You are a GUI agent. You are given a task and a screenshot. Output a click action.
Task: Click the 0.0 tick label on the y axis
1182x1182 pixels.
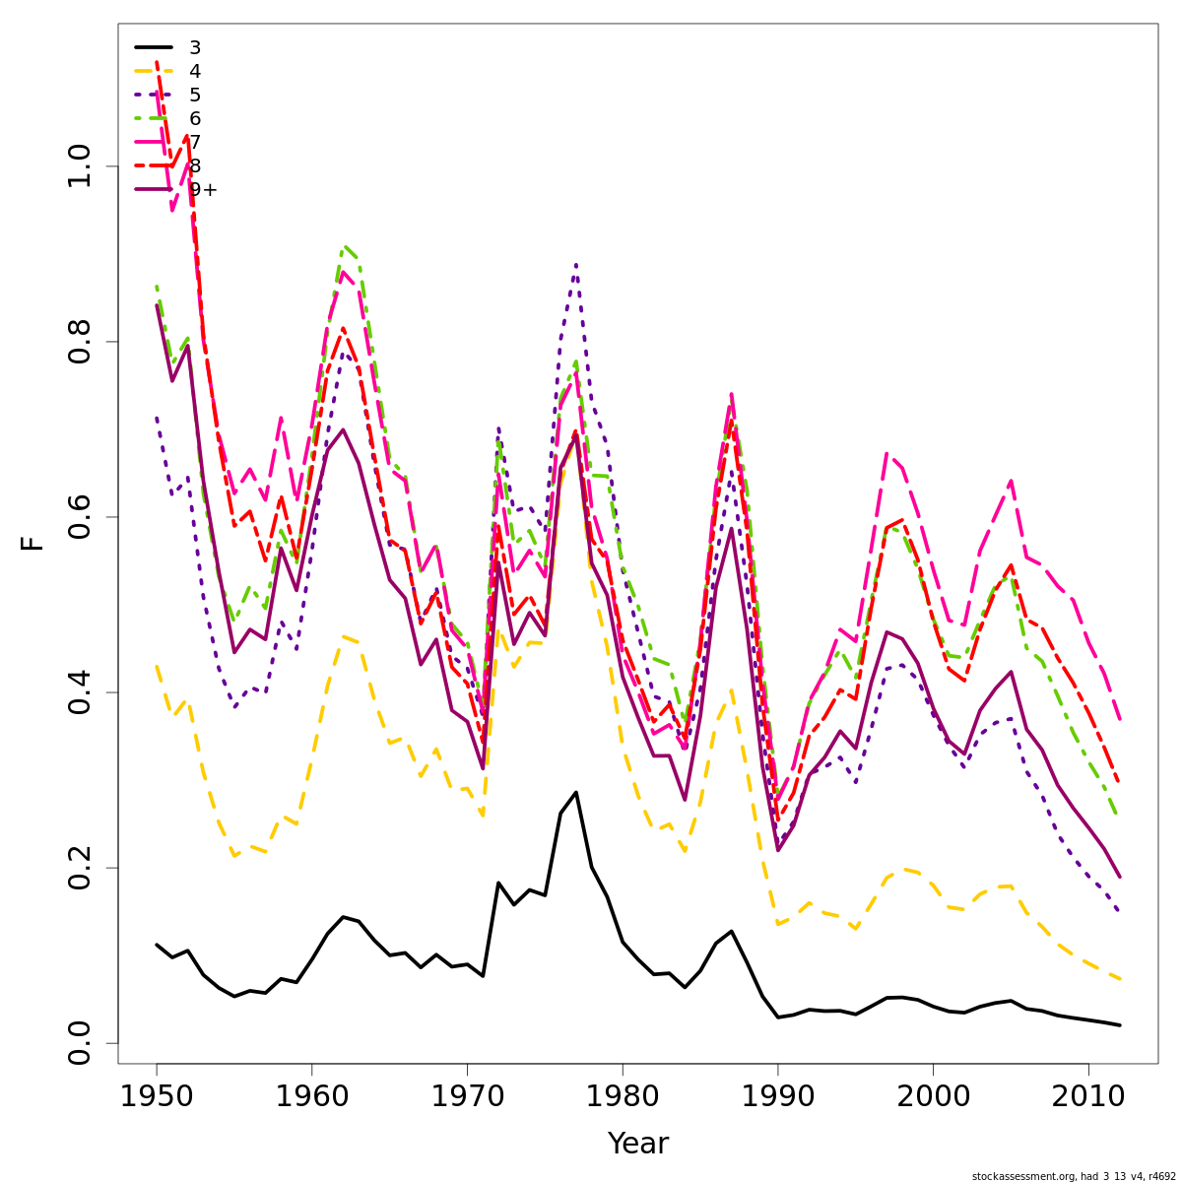pos(81,1043)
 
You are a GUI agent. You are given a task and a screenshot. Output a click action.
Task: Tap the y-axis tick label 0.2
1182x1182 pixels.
pos(81,868)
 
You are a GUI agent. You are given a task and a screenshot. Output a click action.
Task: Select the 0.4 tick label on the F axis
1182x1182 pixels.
pos(81,692)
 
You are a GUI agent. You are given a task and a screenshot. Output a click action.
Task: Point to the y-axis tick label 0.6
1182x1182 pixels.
pos(81,517)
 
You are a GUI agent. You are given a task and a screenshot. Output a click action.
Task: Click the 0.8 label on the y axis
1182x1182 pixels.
pos(81,342)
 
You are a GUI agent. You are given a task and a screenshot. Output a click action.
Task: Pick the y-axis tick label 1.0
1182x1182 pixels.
pos(81,166)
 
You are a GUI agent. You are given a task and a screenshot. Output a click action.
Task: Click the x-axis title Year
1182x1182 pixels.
pos(637,1144)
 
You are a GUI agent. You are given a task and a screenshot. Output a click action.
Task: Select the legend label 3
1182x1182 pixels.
pos(195,47)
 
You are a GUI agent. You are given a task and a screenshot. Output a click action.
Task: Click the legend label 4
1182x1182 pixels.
pos(195,71)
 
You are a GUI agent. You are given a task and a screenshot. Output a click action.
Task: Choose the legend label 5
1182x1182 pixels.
pos(195,95)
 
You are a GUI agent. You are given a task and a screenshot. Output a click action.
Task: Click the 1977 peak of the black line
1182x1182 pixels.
pos(576,792)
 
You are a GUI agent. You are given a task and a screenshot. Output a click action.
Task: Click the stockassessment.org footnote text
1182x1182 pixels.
pos(1074,1176)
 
